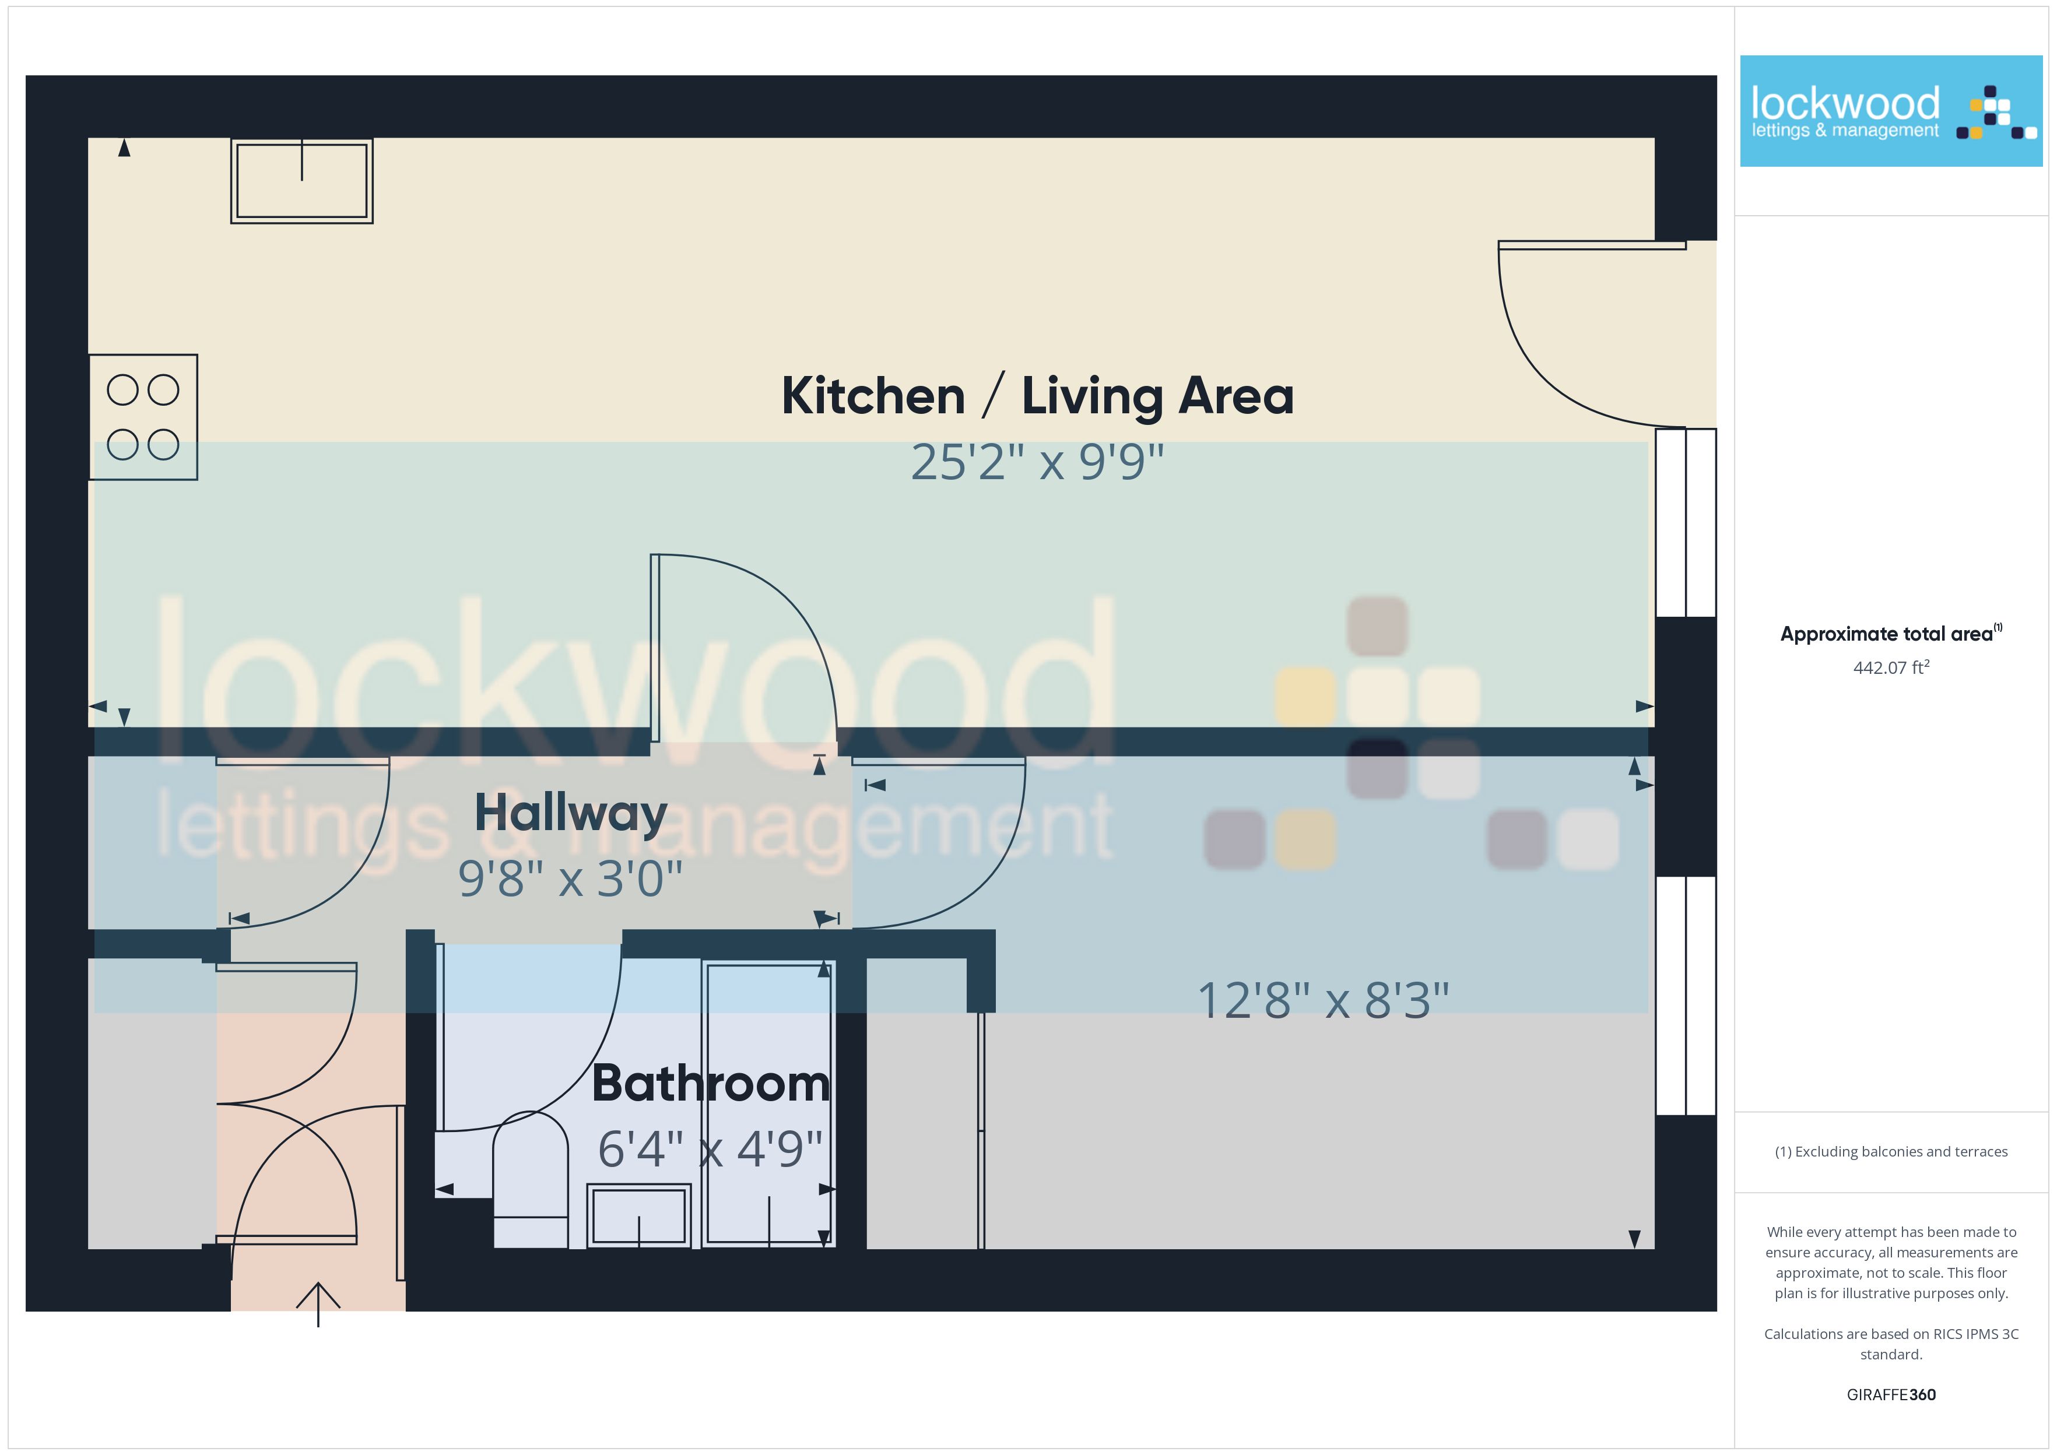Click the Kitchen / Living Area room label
click(1037, 395)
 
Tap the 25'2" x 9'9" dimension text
click(1037, 462)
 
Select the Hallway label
click(571, 814)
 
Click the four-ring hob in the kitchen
click(143, 417)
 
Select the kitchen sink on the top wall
click(302, 180)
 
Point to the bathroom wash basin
click(639, 1216)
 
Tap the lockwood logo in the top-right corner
click(1891, 111)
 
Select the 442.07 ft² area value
click(1891, 667)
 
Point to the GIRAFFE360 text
click(1891, 1395)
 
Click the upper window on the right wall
click(1686, 522)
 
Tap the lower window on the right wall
click(1686, 996)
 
